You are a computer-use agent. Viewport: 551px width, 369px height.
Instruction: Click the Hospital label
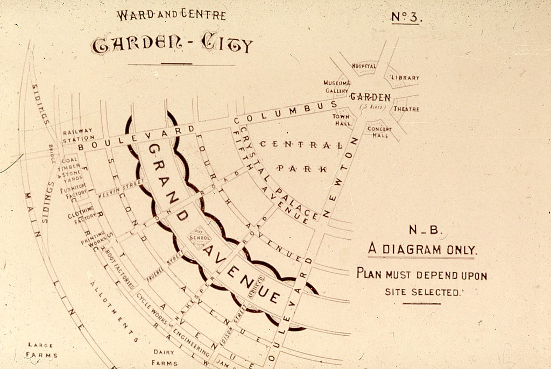[364, 66]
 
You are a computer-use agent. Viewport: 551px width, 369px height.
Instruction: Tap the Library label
[405, 78]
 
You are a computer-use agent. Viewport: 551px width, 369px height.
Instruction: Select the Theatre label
[406, 109]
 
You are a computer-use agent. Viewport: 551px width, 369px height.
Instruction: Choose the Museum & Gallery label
[337, 87]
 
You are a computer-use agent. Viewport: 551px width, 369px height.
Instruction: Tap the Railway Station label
[77, 134]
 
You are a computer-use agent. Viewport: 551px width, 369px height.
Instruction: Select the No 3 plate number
[406, 17]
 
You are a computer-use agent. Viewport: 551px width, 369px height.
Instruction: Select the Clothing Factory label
[81, 215]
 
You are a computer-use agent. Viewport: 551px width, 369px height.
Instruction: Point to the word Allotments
[114, 312]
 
